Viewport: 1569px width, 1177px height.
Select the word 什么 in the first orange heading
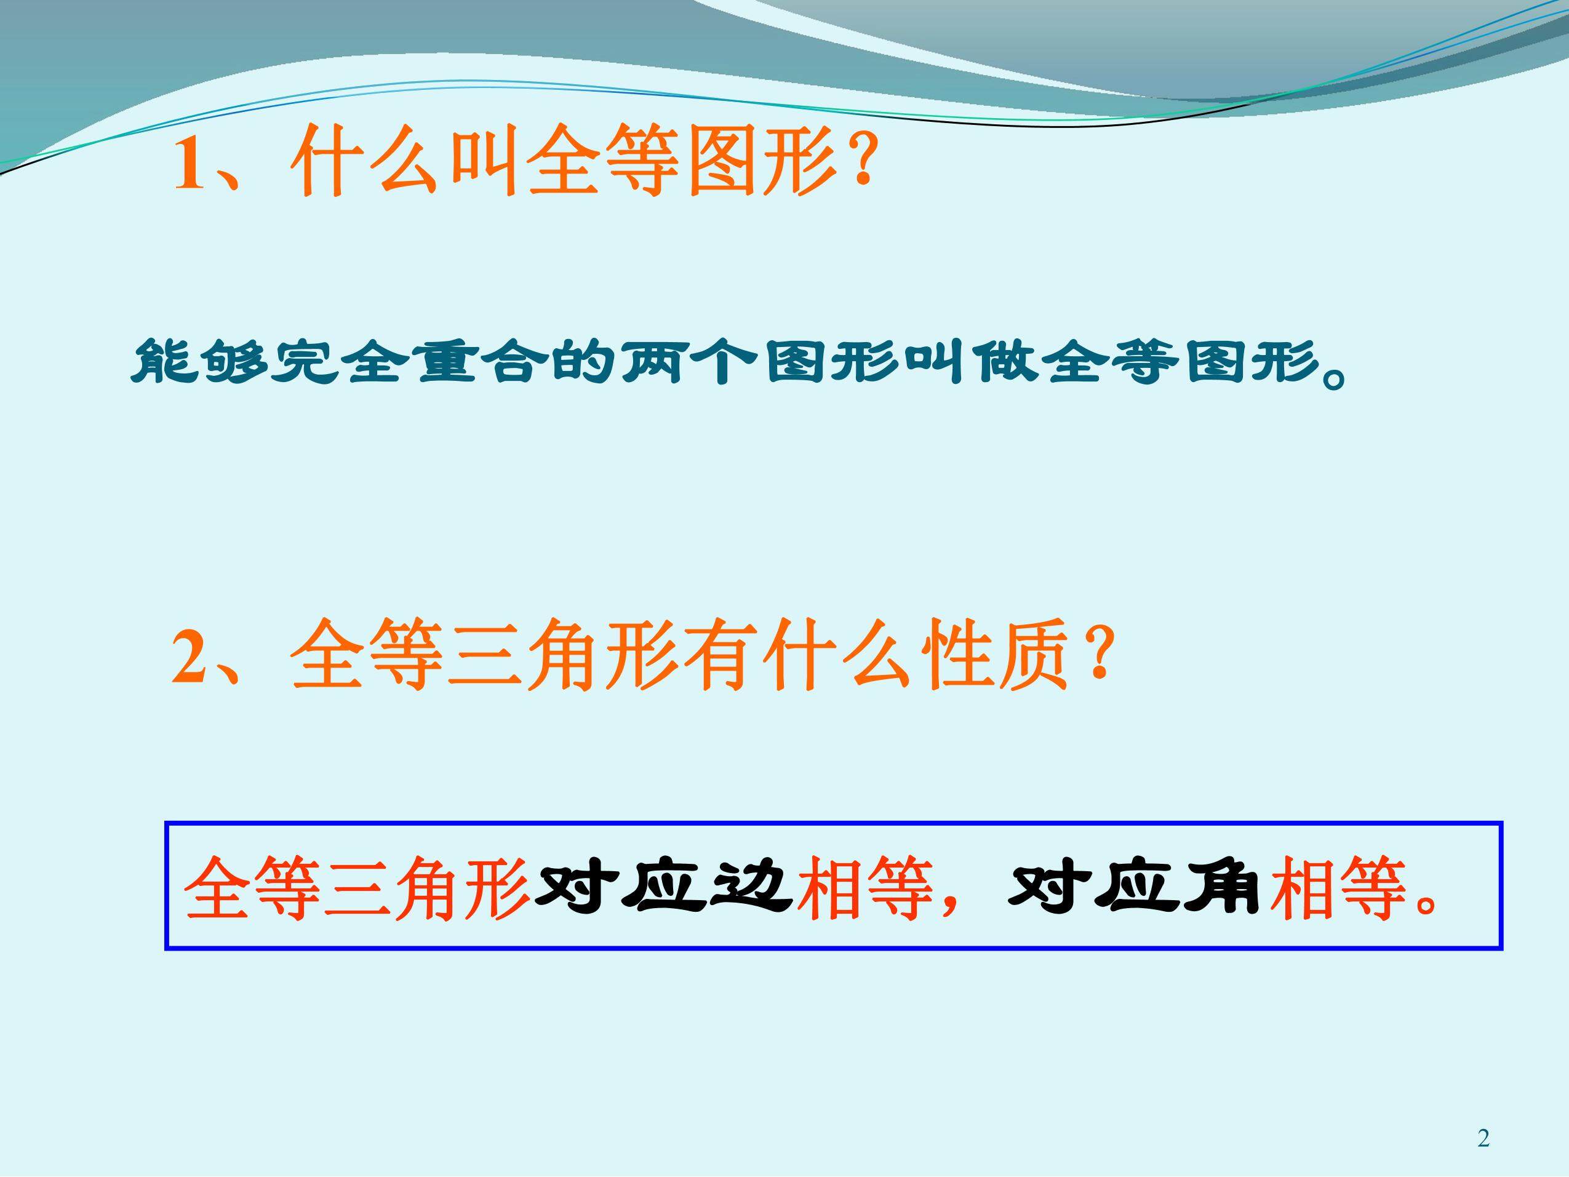[x=368, y=162]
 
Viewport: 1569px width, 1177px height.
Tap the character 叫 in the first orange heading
[x=485, y=162]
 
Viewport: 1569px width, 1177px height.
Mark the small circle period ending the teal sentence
[x=1333, y=379]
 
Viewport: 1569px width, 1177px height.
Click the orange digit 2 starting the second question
[x=189, y=659]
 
